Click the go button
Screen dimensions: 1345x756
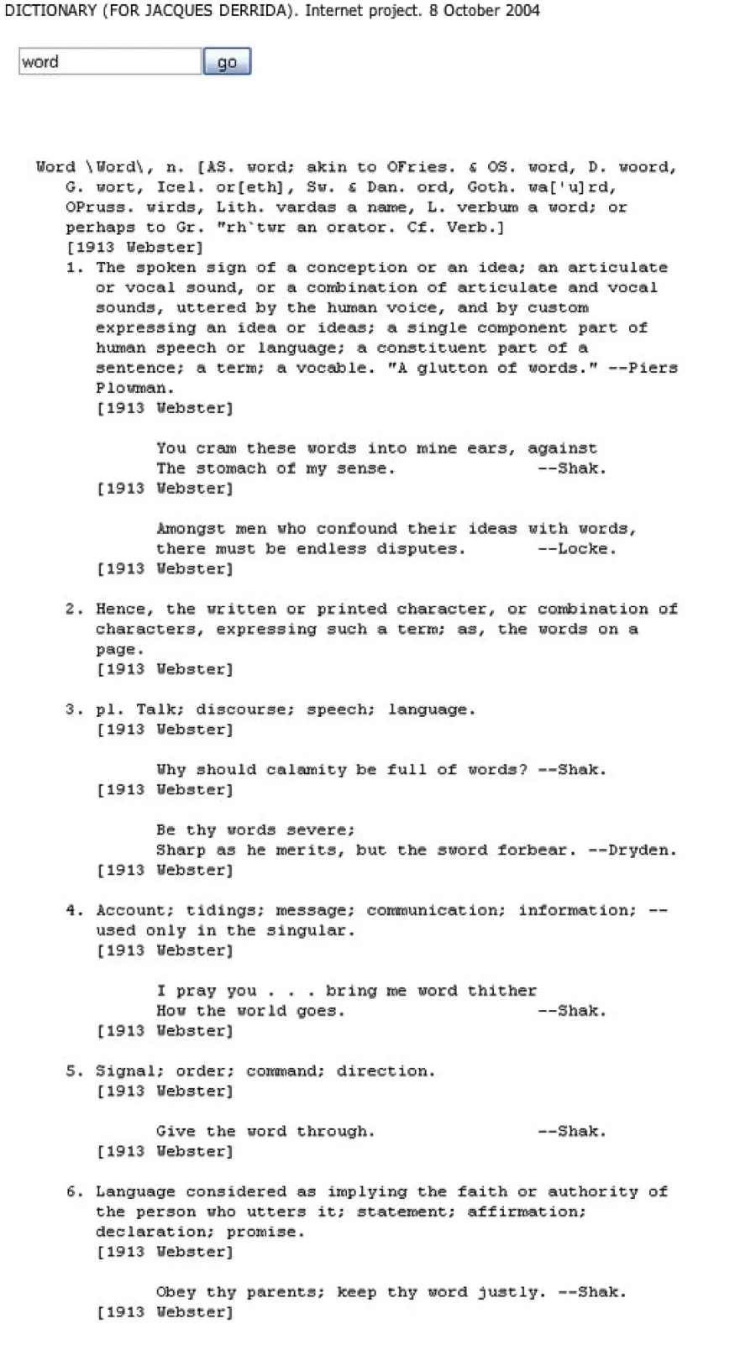[x=227, y=62]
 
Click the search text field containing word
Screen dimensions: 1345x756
[x=110, y=62]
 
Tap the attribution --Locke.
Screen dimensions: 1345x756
[x=577, y=548]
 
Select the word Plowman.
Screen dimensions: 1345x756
[x=134, y=388]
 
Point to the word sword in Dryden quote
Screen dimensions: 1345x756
[x=462, y=850]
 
